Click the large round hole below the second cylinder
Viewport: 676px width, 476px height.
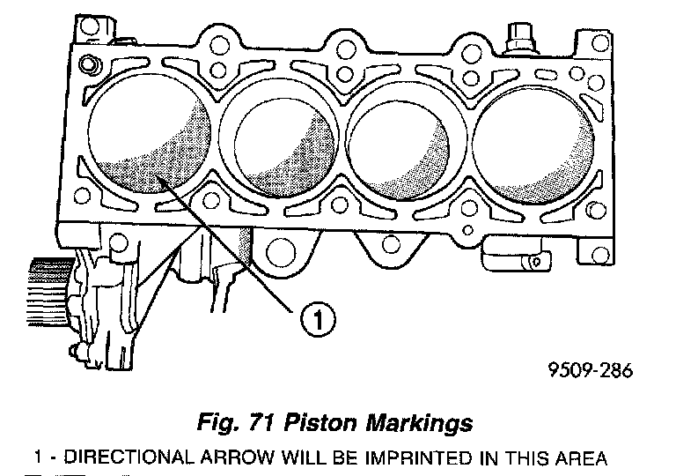(282, 250)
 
